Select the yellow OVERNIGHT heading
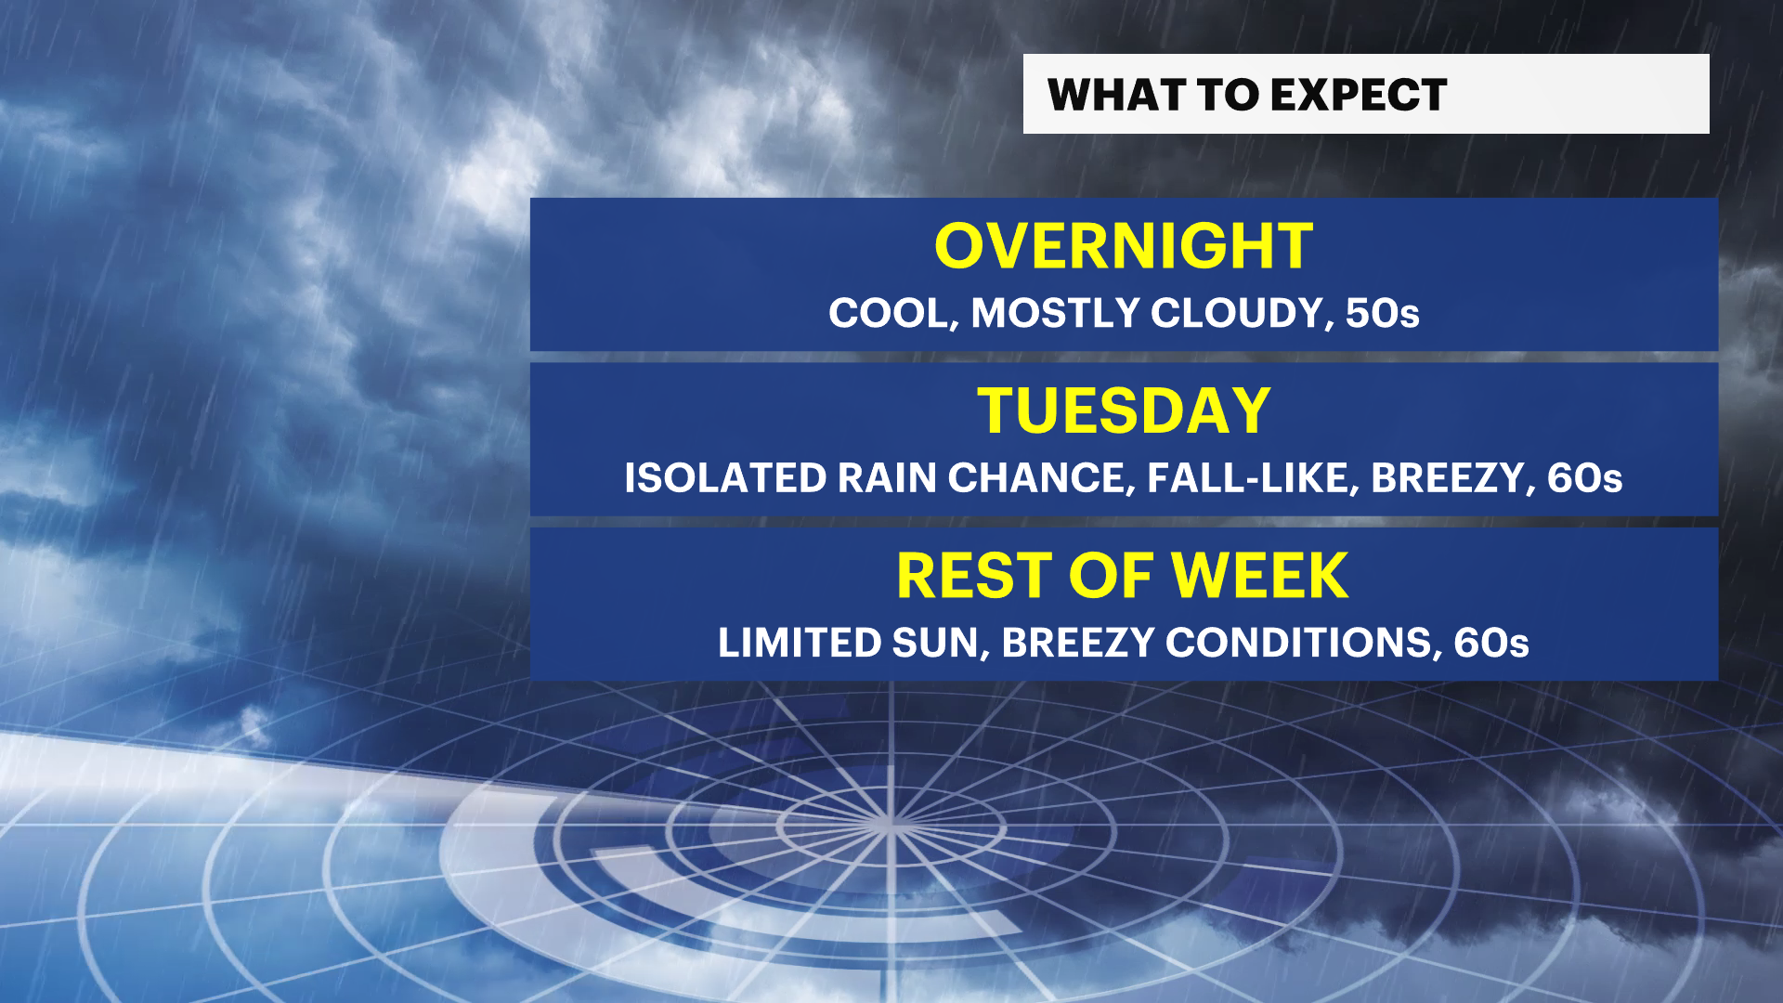[1124, 247]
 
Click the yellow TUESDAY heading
[1124, 410]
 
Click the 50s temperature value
[1383, 314]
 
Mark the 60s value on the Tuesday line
[1585, 478]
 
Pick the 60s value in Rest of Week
[1491, 643]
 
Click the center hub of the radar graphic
[890, 822]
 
